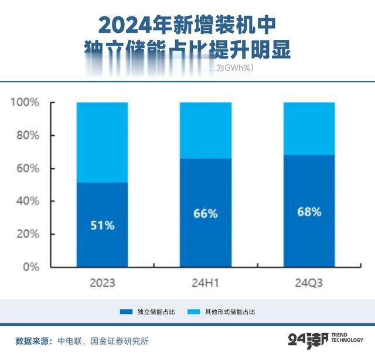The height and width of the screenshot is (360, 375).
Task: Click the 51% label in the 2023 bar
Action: [x=102, y=225]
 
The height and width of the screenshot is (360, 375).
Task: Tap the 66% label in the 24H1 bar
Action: [x=206, y=214]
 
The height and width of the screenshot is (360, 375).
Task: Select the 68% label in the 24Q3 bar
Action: [x=309, y=212]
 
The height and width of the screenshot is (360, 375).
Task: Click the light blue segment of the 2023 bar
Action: [x=102, y=142]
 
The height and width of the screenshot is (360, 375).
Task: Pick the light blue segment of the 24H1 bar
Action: [x=206, y=130]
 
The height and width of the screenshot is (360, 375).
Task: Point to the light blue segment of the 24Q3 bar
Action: [x=309, y=128]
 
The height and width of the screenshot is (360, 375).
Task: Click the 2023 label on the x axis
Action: [x=102, y=283]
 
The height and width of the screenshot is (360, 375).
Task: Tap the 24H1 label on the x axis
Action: [x=206, y=283]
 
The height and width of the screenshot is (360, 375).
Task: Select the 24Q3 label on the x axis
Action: [x=309, y=283]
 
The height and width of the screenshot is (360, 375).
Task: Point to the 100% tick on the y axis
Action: [x=25, y=103]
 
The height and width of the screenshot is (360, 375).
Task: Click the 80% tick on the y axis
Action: [x=27, y=136]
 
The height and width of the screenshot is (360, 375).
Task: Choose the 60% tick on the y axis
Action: [x=27, y=169]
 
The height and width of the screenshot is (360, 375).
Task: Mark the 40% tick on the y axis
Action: [x=27, y=201]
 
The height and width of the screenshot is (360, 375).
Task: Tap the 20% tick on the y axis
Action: [x=27, y=234]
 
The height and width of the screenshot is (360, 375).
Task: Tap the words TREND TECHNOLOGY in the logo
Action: [x=347, y=337]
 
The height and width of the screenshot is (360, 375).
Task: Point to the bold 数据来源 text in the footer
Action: [x=33, y=340]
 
